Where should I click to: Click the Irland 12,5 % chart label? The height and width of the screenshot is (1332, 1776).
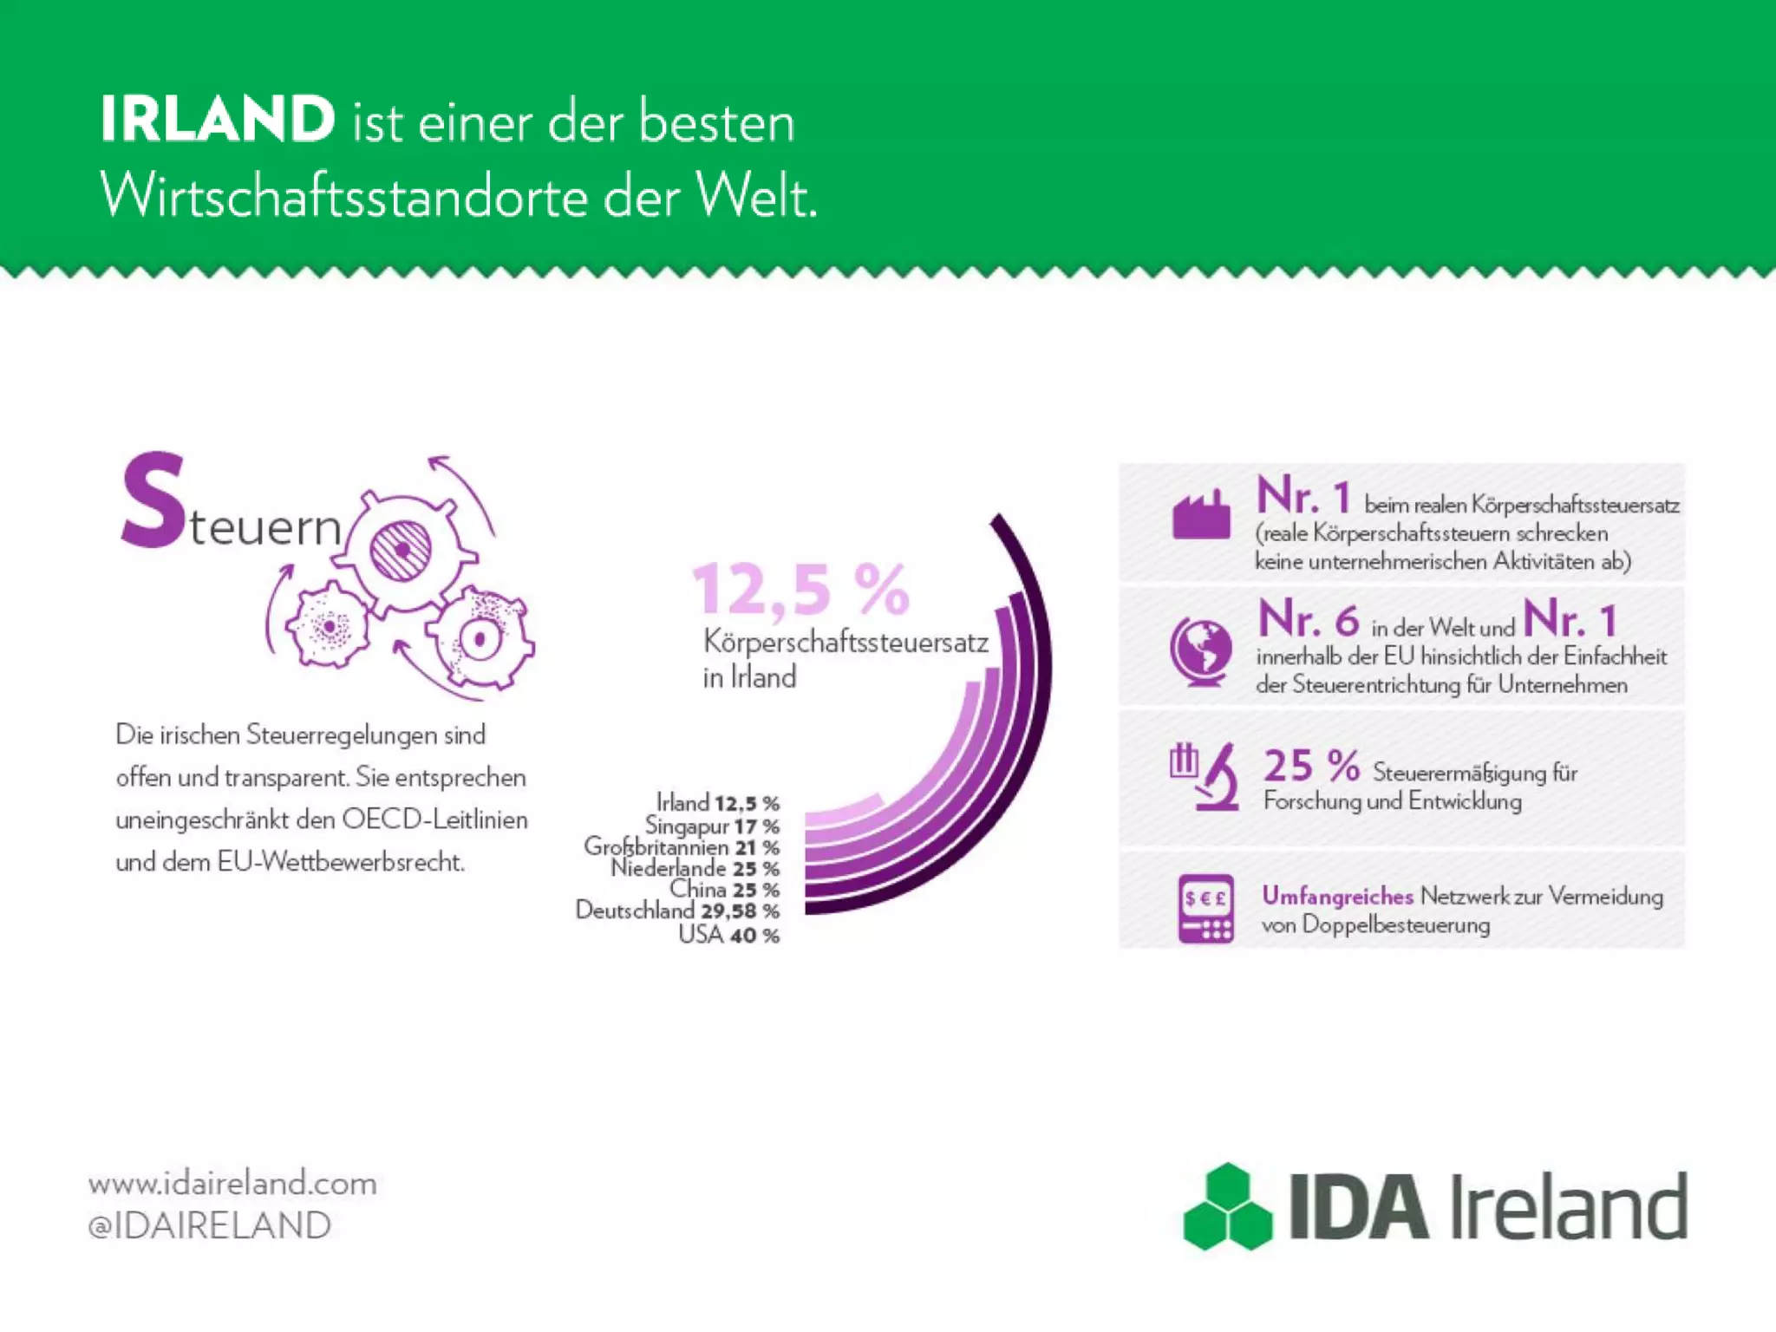(717, 803)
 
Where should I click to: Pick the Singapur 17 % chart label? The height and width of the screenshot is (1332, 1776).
(711, 826)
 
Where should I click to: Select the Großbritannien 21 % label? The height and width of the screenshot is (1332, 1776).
(681, 846)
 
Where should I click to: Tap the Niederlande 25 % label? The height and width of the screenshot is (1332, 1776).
(695, 868)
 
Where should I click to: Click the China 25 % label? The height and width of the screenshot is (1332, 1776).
(724, 890)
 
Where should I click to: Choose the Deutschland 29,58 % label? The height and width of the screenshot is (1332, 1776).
(677, 911)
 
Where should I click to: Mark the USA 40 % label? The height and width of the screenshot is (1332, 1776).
(728, 935)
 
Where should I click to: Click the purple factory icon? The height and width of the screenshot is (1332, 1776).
(1201, 515)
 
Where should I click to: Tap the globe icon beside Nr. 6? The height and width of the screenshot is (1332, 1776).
(1201, 650)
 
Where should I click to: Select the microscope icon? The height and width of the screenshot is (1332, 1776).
(1206, 776)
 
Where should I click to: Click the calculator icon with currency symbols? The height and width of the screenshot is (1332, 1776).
(1205, 908)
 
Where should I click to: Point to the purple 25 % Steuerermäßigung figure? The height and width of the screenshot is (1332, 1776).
(1311, 767)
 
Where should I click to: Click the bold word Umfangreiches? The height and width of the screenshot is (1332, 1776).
(1337, 896)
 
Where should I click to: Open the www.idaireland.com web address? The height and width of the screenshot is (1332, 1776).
(232, 1183)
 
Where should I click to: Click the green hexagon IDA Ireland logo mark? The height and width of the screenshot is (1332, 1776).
(1228, 1206)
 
